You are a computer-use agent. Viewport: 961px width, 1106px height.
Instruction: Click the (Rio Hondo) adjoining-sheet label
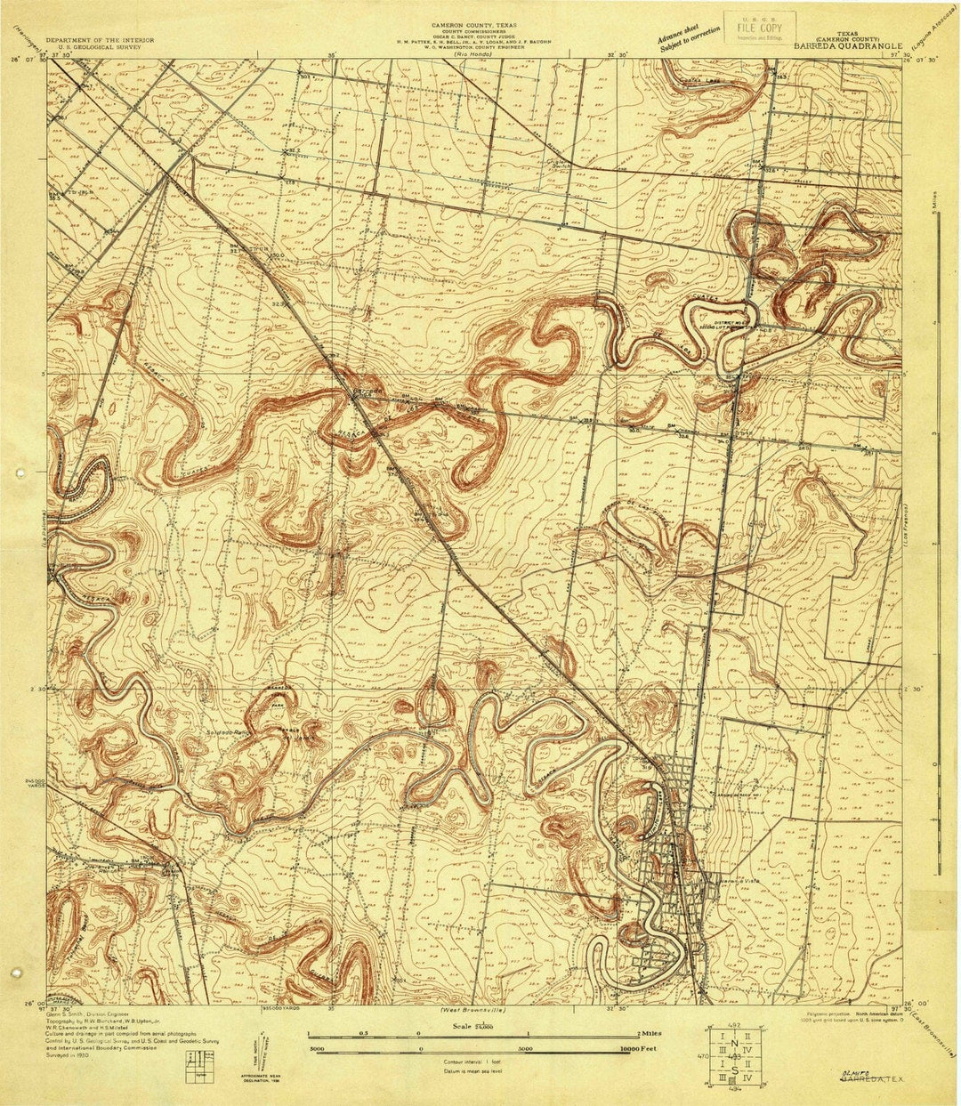point(465,54)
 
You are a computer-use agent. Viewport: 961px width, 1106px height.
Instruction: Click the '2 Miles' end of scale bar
point(650,1034)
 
